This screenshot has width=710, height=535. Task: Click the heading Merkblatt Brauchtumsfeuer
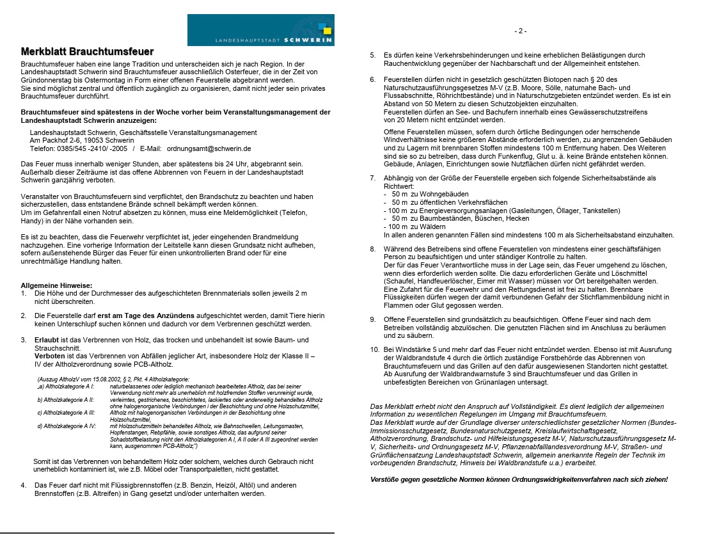coord(87,51)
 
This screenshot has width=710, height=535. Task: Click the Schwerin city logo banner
coord(260,30)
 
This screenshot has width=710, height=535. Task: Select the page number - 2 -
coord(520,31)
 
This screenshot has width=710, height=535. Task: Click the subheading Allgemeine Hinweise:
coord(56,285)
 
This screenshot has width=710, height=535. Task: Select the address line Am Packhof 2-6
coord(82,140)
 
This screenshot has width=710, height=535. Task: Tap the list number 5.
coord(373,56)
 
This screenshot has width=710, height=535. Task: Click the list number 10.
coord(375,349)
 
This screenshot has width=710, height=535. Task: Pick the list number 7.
coord(373,177)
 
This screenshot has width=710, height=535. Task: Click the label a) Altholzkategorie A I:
coord(66,387)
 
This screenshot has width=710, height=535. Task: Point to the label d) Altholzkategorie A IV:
coord(67,426)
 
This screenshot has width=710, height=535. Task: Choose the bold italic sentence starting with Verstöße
coord(519,479)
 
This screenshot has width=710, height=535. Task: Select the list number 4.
coord(23,485)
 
